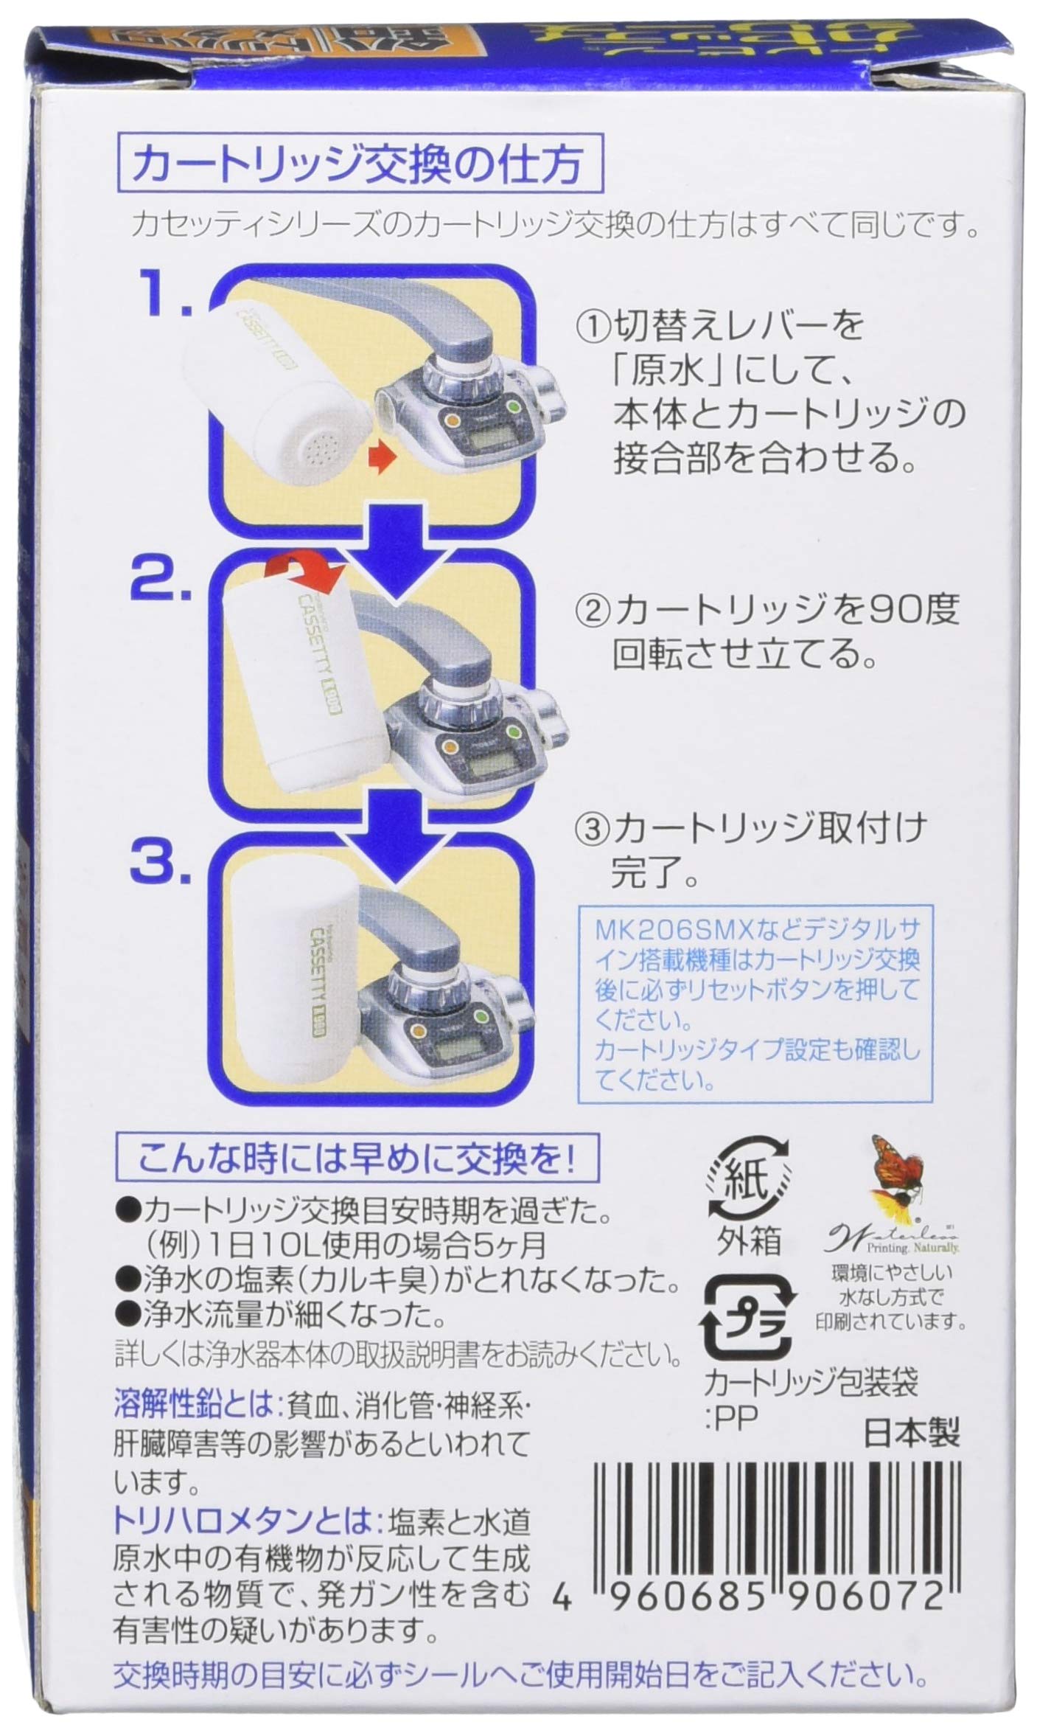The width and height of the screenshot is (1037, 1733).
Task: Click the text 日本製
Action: tap(911, 1432)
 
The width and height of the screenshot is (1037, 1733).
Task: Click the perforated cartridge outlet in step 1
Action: tap(319, 442)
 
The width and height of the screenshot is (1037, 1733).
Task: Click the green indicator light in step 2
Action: tap(511, 733)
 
